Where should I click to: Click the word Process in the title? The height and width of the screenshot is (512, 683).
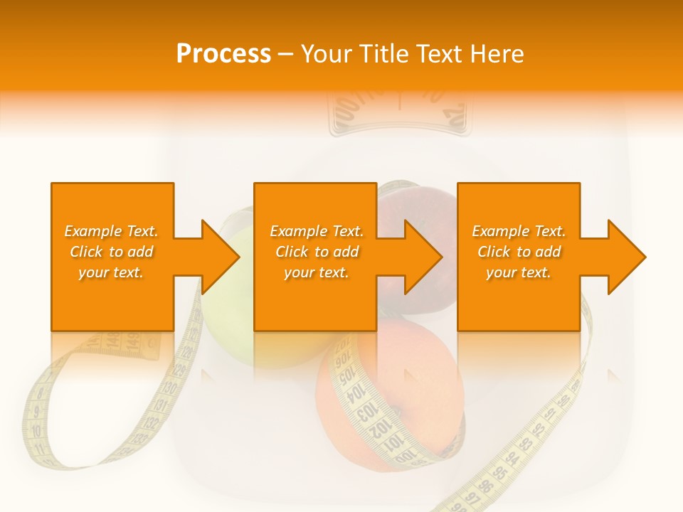click(223, 54)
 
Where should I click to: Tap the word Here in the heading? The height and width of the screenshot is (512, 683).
click(494, 54)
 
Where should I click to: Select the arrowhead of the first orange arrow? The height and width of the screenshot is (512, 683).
click(221, 257)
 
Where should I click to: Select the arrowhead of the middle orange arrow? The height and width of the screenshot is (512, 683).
click(423, 257)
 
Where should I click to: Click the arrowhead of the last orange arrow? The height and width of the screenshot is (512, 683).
click(627, 257)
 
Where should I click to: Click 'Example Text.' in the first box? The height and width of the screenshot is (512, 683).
click(111, 231)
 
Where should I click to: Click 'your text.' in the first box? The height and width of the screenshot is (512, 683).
click(111, 272)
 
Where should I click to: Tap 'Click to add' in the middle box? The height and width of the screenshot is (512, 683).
click(317, 252)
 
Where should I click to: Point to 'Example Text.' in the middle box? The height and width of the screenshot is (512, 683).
click(317, 231)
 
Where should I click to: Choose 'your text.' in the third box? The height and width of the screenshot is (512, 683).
click(519, 272)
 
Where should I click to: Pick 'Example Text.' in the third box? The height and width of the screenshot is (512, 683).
click(519, 231)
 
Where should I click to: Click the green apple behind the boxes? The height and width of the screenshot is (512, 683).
click(228, 334)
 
